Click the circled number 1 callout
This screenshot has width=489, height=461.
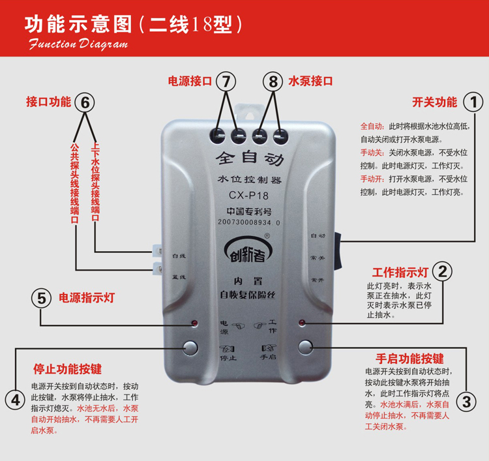tap(473, 102)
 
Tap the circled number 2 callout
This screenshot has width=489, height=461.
tap(443, 271)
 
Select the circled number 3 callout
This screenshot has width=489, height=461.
tap(464, 400)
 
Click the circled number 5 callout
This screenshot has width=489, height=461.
tap(41, 298)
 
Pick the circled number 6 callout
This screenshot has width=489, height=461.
tap(85, 102)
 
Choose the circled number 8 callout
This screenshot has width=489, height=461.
tap(273, 82)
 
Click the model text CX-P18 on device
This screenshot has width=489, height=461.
tap(248, 195)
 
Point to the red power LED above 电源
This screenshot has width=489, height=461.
tap(194, 323)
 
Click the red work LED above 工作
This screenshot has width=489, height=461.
tap(301, 323)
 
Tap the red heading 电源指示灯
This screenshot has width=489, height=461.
tap(87, 298)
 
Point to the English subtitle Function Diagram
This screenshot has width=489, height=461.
tap(78, 45)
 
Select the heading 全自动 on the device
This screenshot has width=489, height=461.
tap(248, 158)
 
